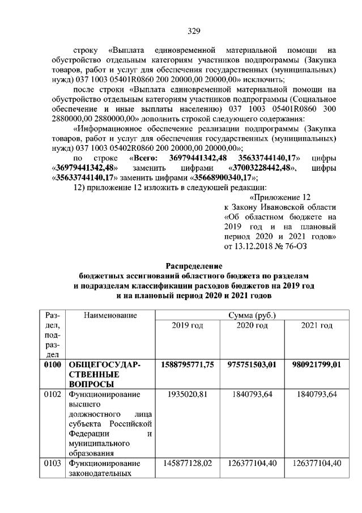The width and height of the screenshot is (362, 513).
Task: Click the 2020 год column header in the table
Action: pyautogui.click(x=251, y=325)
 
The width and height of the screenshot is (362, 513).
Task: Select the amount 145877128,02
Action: pyautogui.click(x=187, y=463)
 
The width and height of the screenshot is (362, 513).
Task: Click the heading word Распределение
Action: pyautogui.click(x=194, y=266)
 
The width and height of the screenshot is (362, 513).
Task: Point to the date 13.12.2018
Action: pyautogui.click(x=252, y=245)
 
